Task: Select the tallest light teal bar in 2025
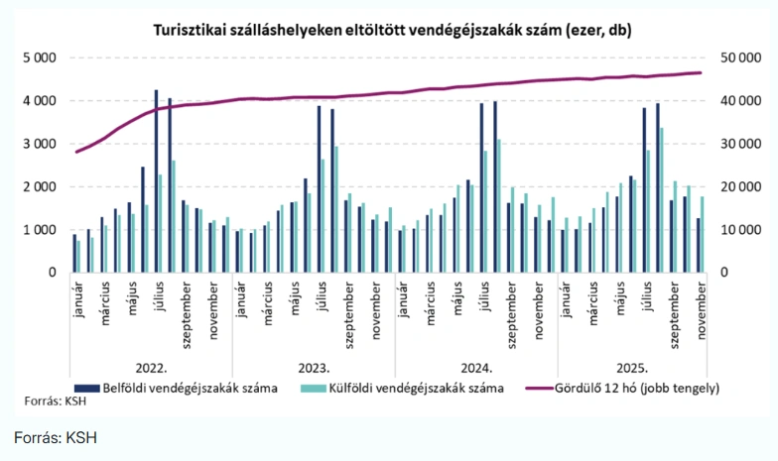pyautogui.click(x=662, y=199)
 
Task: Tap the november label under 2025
pyautogui.click(x=702, y=307)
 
